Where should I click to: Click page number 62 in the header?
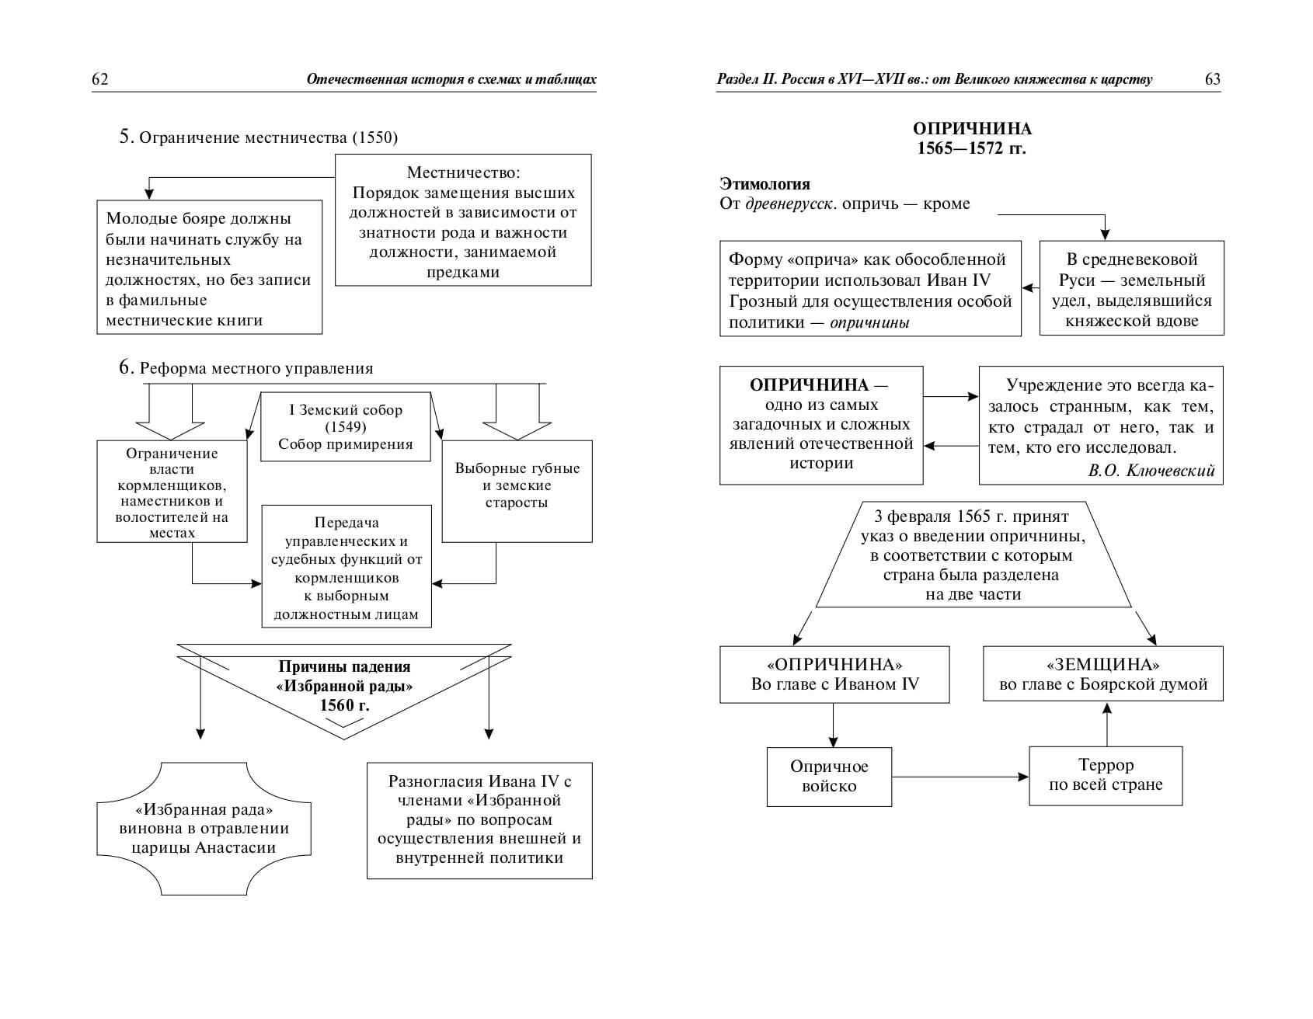[x=99, y=79]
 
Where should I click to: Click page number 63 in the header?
[x=1212, y=79]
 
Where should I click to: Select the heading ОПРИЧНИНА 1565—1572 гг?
[x=971, y=138]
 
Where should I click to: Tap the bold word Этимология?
[x=764, y=184]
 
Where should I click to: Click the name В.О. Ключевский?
[x=1151, y=470]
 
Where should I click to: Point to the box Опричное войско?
[x=829, y=777]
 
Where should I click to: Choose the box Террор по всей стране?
[x=1106, y=775]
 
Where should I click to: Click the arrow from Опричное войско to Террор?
[x=960, y=776]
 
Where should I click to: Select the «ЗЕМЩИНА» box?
[x=1102, y=674]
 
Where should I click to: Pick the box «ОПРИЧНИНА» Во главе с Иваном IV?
[x=834, y=674]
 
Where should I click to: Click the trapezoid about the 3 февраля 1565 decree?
[x=972, y=555]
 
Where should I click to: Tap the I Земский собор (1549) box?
[x=345, y=427]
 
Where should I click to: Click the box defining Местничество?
[x=463, y=221]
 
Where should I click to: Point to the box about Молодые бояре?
[x=209, y=268]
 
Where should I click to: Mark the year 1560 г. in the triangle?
[x=344, y=706]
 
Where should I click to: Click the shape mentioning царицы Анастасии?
[x=204, y=828]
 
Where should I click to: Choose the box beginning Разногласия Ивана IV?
[x=479, y=820]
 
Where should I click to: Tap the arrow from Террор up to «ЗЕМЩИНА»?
[x=1106, y=724]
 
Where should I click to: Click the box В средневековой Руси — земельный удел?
[x=1131, y=289]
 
